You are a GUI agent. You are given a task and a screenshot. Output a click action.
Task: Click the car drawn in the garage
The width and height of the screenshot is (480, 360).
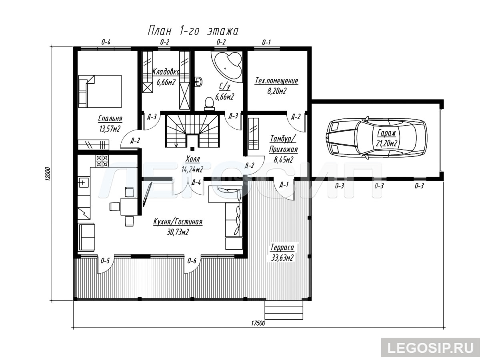(376, 138)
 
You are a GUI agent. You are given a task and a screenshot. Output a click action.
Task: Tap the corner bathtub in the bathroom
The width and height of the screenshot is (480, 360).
(228, 66)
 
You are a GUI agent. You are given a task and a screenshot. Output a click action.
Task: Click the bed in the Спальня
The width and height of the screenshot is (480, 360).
(100, 91)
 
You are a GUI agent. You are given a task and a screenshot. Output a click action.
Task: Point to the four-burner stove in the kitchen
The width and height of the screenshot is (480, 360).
(102, 161)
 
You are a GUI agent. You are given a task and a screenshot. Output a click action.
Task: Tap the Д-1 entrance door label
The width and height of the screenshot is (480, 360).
(284, 185)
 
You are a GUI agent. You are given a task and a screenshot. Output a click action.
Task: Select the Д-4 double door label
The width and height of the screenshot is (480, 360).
(196, 182)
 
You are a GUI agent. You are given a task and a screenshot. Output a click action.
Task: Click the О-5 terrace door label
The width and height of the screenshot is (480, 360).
(105, 261)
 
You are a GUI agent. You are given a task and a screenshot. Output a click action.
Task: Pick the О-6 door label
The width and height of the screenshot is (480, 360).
(192, 261)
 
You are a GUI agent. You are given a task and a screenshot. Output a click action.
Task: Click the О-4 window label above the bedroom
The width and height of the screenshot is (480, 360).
(106, 42)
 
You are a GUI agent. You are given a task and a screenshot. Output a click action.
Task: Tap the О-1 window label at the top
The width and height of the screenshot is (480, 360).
(266, 42)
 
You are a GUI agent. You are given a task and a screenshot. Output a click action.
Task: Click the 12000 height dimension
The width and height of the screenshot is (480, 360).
(48, 174)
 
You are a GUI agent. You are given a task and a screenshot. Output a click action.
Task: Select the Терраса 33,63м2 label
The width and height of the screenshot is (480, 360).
(282, 253)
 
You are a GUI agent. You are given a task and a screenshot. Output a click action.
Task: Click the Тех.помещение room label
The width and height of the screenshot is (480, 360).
(276, 81)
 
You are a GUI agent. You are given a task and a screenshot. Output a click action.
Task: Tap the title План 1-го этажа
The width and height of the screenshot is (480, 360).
(193, 31)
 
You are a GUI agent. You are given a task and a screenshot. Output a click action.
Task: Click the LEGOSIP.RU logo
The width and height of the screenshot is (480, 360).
(430, 348)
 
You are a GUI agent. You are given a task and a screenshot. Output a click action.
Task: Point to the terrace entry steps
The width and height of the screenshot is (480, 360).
(284, 310)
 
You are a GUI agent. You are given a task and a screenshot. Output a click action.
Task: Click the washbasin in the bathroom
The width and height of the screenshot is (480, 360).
(199, 82)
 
